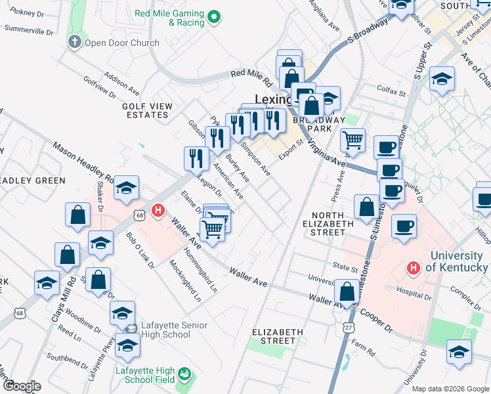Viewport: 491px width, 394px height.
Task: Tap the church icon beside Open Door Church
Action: (74, 43)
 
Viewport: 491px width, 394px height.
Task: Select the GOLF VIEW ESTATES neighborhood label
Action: (146, 110)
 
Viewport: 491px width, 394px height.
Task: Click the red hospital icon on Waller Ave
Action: (158, 211)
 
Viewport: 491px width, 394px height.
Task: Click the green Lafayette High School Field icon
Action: (185, 374)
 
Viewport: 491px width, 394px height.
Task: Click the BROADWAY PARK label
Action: (318, 125)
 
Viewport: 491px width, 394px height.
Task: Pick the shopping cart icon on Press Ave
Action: (353, 139)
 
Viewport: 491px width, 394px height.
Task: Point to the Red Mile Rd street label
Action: (251, 79)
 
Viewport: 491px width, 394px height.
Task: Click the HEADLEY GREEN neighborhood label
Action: (33, 181)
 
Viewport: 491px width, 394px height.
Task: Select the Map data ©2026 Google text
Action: (450, 389)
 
